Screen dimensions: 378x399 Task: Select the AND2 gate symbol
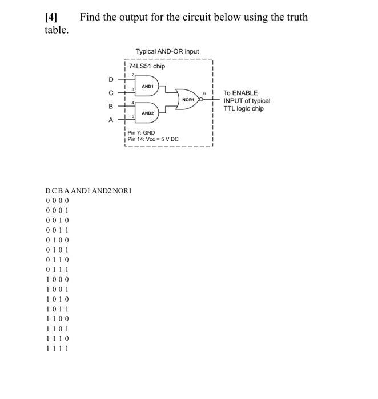147,113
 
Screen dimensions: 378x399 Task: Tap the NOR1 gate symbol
188,99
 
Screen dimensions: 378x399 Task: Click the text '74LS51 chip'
147,66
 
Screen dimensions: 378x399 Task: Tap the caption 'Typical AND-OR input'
167,51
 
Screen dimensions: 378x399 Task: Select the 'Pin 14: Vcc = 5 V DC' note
153,140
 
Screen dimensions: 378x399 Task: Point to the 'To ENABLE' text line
240,93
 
